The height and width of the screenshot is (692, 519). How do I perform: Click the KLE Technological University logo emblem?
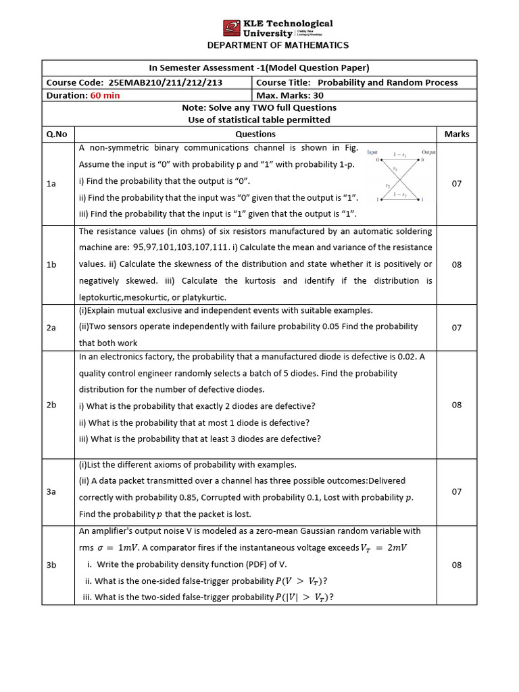[x=232, y=28]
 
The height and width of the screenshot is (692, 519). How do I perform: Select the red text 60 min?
[x=105, y=95]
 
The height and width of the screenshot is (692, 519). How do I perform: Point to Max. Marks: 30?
[x=288, y=95]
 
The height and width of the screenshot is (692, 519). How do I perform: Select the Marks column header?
[x=456, y=134]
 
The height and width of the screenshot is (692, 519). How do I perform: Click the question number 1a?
[x=51, y=184]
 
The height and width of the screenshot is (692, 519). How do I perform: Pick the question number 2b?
[x=51, y=405]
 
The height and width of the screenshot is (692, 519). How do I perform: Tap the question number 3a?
[x=51, y=492]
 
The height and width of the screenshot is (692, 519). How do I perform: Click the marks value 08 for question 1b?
[x=456, y=264]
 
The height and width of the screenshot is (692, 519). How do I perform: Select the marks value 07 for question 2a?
[x=456, y=327]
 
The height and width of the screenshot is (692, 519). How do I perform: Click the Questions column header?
[x=255, y=134]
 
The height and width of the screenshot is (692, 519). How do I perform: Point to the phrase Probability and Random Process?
[x=387, y=82]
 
